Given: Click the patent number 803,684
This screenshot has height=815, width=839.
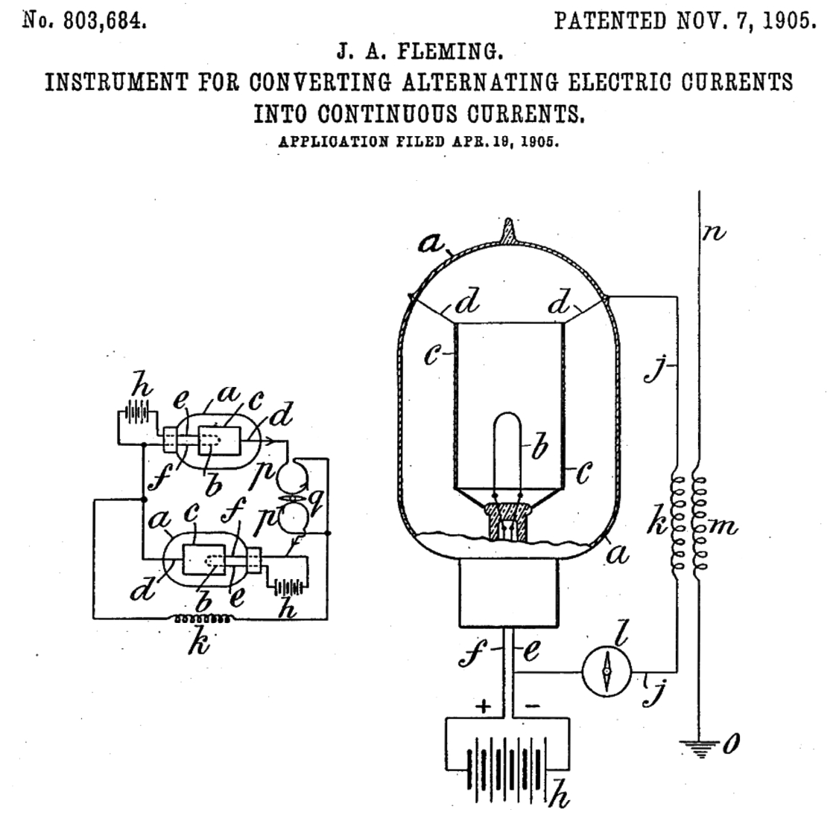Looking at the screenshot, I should click(x=104, y=20).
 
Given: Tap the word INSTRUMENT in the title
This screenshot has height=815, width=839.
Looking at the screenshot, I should click(x=118, y=82).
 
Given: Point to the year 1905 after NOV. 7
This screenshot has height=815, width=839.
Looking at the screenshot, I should click(x=788, y=20).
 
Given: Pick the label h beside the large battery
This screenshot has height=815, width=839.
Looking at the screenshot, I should click(x=560, y=798).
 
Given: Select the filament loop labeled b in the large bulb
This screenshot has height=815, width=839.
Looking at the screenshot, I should click(x=508, y=447).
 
